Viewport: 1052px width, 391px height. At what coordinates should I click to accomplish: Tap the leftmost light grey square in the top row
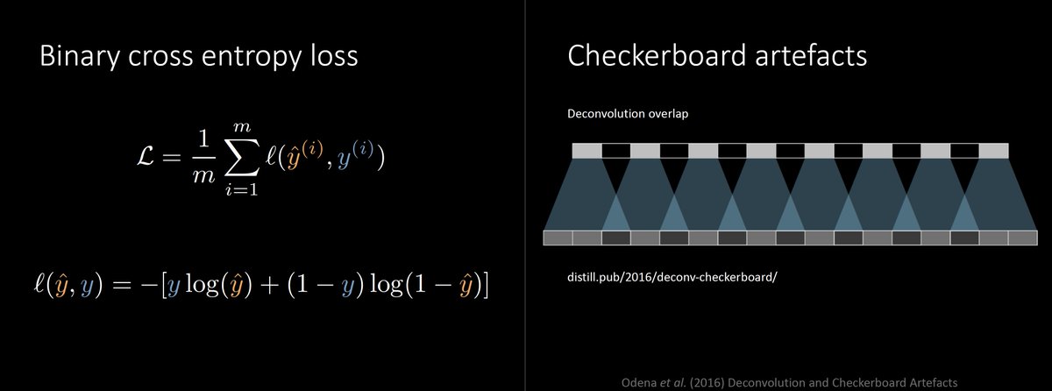(x=586, y=151)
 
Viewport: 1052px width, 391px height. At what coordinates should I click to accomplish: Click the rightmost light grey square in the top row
(x=993, y=151)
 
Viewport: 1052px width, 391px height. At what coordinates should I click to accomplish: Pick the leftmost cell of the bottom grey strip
(x=558, y=238)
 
